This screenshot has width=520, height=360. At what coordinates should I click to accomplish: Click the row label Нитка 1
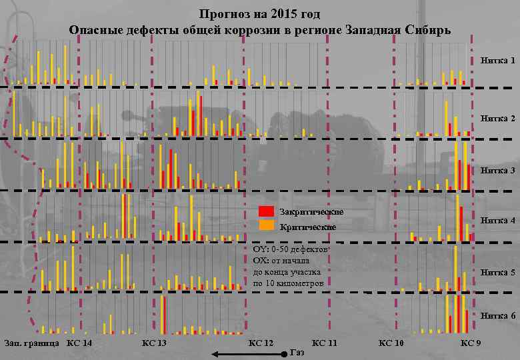pos(498,61)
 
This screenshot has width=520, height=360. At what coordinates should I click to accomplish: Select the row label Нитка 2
pos(498,118)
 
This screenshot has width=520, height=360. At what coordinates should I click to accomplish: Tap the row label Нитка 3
pos(498,170)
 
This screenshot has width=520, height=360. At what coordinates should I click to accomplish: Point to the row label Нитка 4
pos(498,220)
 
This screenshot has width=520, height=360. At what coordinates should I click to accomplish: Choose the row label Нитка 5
pos(498,272)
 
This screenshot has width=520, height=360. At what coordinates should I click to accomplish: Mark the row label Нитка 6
pos(498,315)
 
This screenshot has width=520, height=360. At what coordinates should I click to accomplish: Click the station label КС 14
pos(80,343)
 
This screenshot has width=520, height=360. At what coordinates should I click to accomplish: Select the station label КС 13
pos(154,343)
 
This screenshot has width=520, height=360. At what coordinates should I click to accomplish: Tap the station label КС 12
pos(261,343)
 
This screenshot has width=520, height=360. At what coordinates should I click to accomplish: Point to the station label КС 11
pos(325,343)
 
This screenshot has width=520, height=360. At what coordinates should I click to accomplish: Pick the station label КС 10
pos(391,343)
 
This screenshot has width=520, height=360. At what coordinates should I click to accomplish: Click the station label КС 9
pos(471,343)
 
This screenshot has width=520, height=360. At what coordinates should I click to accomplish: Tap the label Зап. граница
pos(31,343)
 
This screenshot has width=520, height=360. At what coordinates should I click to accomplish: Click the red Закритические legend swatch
pos(267,212)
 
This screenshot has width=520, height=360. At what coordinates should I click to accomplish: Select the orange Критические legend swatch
pos(267,226)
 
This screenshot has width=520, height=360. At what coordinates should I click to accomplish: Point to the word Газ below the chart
pos(299,352)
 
